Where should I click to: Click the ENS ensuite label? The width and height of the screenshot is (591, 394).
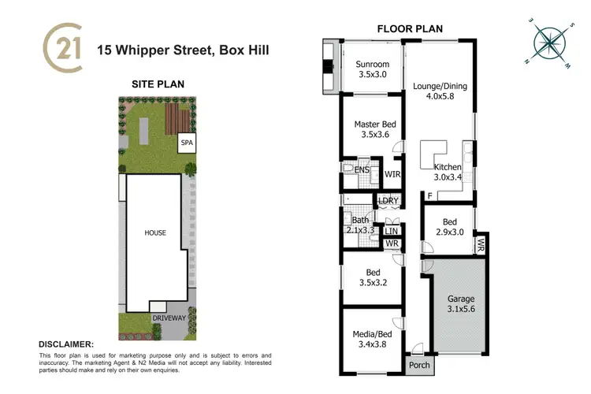[x=362, y=169]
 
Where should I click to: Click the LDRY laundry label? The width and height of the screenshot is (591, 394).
[x=388, y=201]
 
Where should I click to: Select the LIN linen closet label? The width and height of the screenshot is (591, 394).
[x=392, y=230]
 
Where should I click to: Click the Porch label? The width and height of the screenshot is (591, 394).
[x=418, y=366]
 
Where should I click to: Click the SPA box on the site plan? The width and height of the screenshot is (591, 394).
[x=187, y=143]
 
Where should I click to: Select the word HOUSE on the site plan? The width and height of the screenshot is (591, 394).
[x=154, y=233]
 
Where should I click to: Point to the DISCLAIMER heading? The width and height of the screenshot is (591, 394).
[x=66, y=344]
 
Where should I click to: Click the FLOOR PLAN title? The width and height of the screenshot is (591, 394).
[x=410, y=29]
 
